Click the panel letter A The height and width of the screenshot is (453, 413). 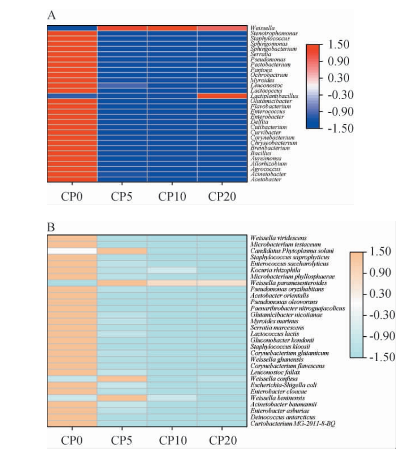coord(51,15)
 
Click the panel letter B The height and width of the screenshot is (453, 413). coord(51,227)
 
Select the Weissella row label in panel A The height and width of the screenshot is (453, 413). coord(263,28)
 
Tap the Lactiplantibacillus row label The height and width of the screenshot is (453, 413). coord(274,96)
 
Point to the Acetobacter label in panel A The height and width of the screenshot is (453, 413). coord(266,179)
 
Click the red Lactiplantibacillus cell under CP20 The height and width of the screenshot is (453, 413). coord(222,96)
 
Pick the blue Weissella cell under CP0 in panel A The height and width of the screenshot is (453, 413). coord(72,28)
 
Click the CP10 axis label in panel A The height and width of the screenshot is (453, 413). coord(172,196)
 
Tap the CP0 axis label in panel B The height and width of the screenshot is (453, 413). coord(72,440)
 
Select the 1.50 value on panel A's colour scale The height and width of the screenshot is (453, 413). coord(338,45)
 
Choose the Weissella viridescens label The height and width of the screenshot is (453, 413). coord(278,238)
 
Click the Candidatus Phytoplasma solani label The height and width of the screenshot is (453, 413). coord(292,251)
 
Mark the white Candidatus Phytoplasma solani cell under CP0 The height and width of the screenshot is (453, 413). coord(72,251)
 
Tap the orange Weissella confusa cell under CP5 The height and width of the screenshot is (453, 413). coord(122,379)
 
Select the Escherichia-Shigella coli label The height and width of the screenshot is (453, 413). coord(283,385)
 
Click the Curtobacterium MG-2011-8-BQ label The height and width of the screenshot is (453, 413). coord(293,424)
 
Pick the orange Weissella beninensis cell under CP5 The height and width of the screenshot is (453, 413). coord(122,398)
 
